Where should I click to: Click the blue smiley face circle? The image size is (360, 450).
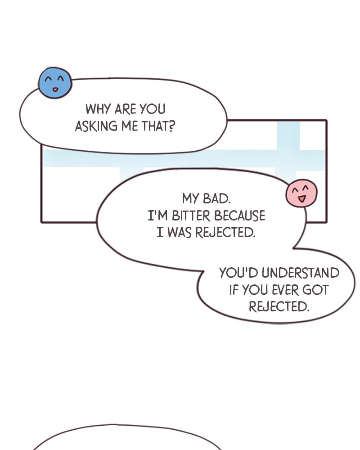click(55, 83)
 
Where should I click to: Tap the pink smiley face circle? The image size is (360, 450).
click(301, 193)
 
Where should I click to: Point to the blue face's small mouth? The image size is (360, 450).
click(55, 90)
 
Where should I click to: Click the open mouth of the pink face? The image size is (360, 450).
click(301, 198)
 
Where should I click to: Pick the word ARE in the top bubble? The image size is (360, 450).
click(125, 109)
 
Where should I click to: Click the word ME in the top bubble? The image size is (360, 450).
click(130, 126)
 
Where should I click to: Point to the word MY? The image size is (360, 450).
click(190, 198)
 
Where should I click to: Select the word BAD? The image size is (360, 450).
click(217, 198)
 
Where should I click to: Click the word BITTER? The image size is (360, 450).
click(191, 216)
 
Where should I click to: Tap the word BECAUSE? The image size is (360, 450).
click(240, 216)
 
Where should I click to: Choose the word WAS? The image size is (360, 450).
click(179, 233)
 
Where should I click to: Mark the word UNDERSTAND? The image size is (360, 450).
click(301, 273)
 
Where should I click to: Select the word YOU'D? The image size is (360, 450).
click(239, 273)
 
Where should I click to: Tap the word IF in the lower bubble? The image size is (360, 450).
click(234, 290)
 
